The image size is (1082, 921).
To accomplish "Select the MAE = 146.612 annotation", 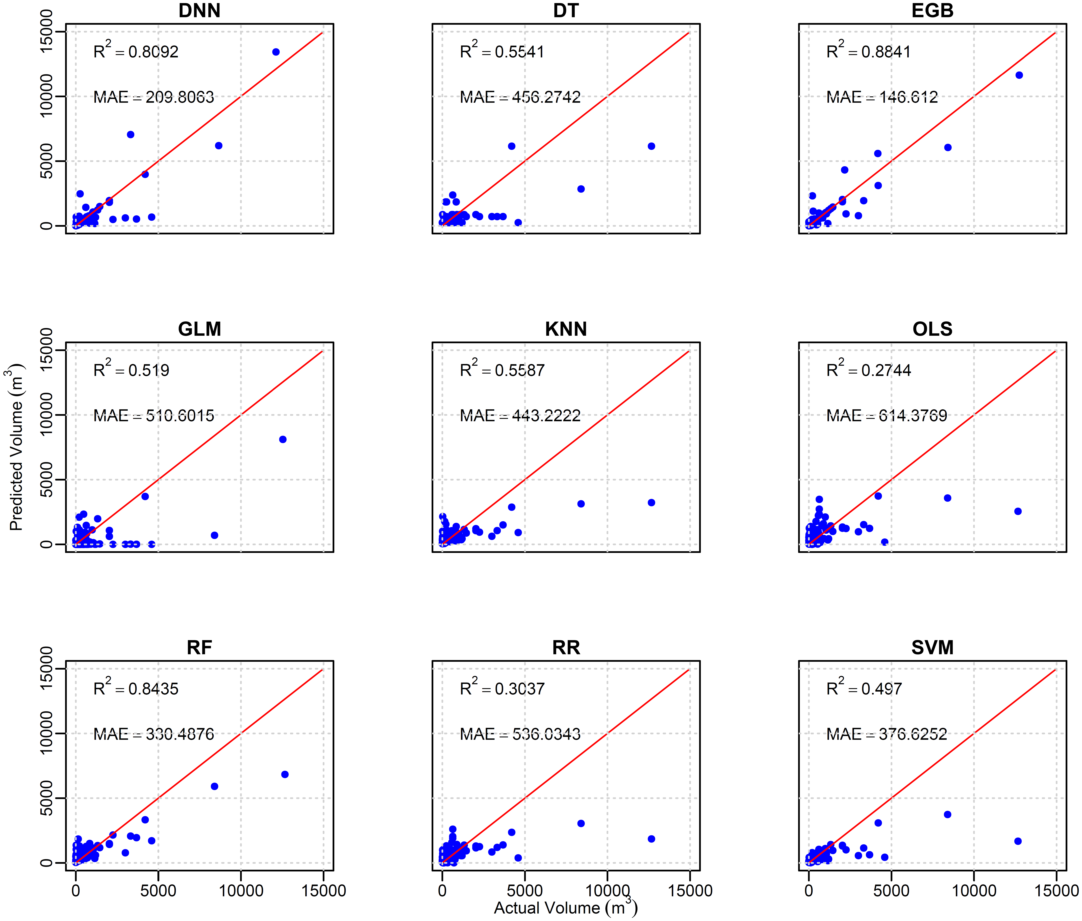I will (882, 97).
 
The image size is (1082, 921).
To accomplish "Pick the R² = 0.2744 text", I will (868, 370).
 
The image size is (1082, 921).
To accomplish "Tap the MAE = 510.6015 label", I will (154, 416).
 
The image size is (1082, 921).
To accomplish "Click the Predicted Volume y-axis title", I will (16, 447).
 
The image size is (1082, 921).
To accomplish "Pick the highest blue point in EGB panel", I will (1019, 75).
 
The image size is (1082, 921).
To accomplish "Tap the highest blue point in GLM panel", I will (283, 440).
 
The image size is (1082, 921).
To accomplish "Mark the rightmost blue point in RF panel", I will (285, 774).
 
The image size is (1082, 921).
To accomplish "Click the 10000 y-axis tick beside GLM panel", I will (47, 415).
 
